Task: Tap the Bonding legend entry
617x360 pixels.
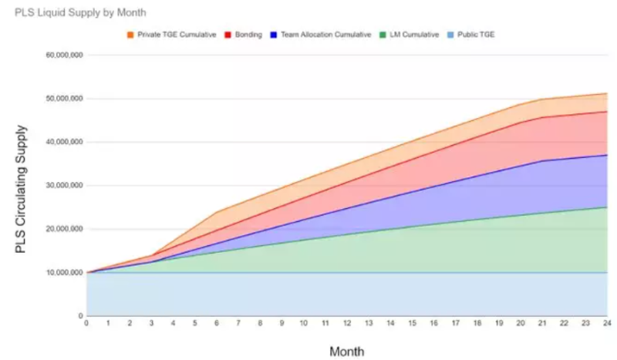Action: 248,35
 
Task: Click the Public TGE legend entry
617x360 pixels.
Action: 475,35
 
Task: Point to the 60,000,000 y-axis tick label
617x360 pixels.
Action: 65,56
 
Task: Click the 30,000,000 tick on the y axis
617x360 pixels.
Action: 65,186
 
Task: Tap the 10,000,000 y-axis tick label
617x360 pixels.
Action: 65,273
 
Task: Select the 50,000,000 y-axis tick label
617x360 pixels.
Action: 65,99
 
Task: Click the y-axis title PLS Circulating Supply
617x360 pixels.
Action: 21,190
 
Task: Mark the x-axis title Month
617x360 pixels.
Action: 347,352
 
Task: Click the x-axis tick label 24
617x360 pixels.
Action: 607,324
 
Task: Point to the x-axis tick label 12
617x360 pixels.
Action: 347,324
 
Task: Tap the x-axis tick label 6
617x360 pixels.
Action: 217,324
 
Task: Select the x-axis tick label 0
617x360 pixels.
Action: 86,324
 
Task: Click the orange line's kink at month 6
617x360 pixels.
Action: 217,212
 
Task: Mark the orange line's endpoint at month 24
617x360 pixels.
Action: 607,93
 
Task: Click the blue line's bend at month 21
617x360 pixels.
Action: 542,160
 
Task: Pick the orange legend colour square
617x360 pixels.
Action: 130,35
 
